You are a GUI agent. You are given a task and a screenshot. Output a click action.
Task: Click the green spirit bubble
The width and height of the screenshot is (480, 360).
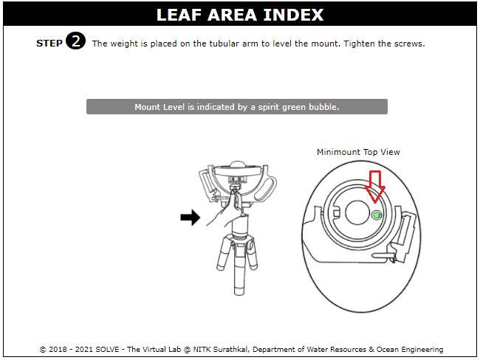(x=377, y=215)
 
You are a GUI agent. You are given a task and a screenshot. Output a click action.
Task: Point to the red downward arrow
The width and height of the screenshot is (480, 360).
(x=375, y=187)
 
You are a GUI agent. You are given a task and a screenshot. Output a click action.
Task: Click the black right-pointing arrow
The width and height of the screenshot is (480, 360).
(x=190, y=218)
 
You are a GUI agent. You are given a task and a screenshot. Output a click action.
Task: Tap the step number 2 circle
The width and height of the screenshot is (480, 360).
(x=75, y=41)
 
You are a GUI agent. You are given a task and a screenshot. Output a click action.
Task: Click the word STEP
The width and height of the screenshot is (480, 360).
(x=49, y=44)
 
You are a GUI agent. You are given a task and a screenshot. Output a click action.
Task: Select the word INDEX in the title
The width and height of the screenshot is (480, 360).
(x=293, y=15)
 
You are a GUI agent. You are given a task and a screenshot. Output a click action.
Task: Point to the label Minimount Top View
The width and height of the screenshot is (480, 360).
(x=358, y=152)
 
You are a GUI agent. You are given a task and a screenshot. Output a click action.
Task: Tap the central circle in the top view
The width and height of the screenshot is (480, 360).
(x=357, y=212)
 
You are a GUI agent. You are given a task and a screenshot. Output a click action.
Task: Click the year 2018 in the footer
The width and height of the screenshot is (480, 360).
(x=58, y=349)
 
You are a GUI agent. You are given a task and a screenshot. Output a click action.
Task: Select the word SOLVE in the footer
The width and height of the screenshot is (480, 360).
(x=107, y=349)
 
